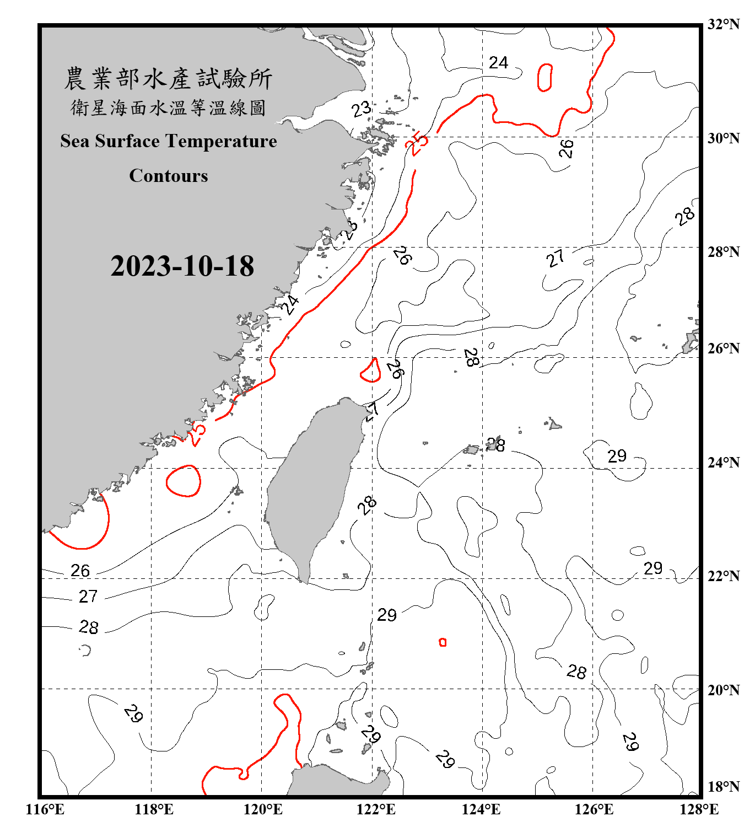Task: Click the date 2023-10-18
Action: click(182, 266)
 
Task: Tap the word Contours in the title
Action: click(169, 176)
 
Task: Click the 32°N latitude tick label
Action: click(723, 24)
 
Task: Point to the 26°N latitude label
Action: click(723, 348)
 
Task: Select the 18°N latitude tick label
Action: click(723, 787)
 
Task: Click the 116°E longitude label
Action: click(45, 809)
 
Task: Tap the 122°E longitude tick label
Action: click(376, 809)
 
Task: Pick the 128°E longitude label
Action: click(699, 809)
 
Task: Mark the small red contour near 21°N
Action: click(443, 642)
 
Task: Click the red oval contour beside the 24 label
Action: click(544, 77)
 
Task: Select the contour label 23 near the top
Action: click(362, 109)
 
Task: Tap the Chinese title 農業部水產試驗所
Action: click(168, 79)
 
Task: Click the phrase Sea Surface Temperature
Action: click(169, 141)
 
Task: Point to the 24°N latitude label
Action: click(723, 462)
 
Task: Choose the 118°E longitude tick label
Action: click(154, 809)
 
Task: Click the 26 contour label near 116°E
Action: click(80, 571)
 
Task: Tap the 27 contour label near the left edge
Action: click(88, 597)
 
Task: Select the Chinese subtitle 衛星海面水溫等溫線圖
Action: click(168, 108)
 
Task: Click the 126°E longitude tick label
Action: click(594, 809)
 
